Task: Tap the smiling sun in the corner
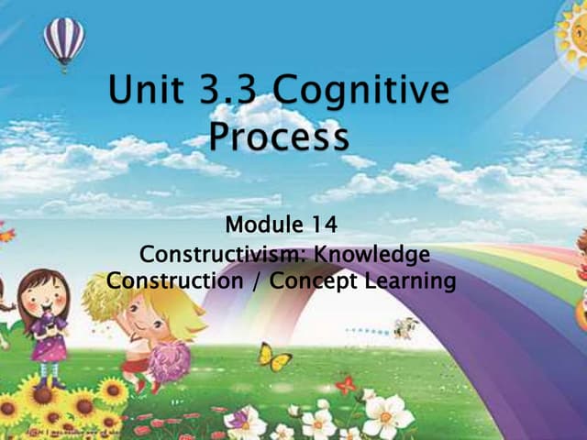click(572, 33)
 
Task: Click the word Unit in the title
click(148, 93)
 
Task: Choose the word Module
click(262, 225)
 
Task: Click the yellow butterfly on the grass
click(274, 357)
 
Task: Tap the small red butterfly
click(346, 385)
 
